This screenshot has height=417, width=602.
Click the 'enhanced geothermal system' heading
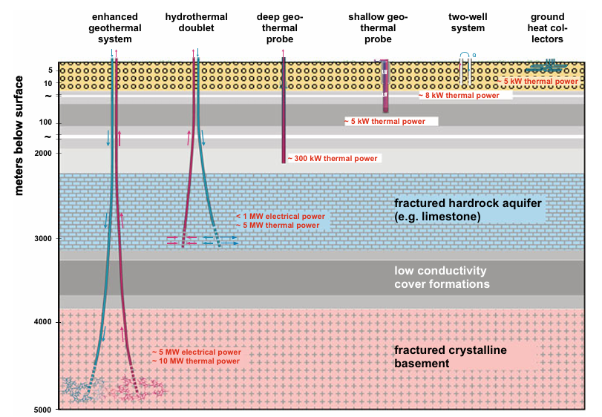(114, 28)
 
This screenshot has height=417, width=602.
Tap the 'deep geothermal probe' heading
(280, 28)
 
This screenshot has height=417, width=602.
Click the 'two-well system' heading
(466, 28)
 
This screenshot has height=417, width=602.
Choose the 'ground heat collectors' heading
(549, 28)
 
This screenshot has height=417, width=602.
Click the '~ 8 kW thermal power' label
(463, 95)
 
